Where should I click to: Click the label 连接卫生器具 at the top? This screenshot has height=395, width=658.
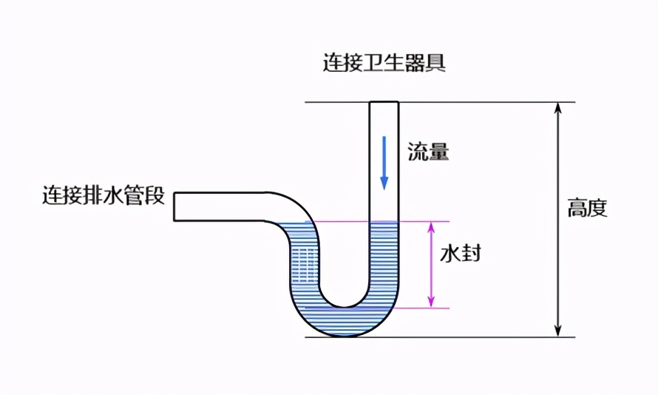pos(384,62)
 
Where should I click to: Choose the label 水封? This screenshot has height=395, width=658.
pos(461,253)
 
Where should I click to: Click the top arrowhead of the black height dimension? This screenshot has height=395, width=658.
pos(559,107)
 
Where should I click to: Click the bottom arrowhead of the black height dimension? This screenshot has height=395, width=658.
pos(559,331)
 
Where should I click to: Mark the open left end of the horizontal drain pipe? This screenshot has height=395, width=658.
pos(175,206)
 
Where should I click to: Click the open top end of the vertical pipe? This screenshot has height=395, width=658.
pos(384,102)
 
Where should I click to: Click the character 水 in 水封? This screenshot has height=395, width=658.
pos(450,253)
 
